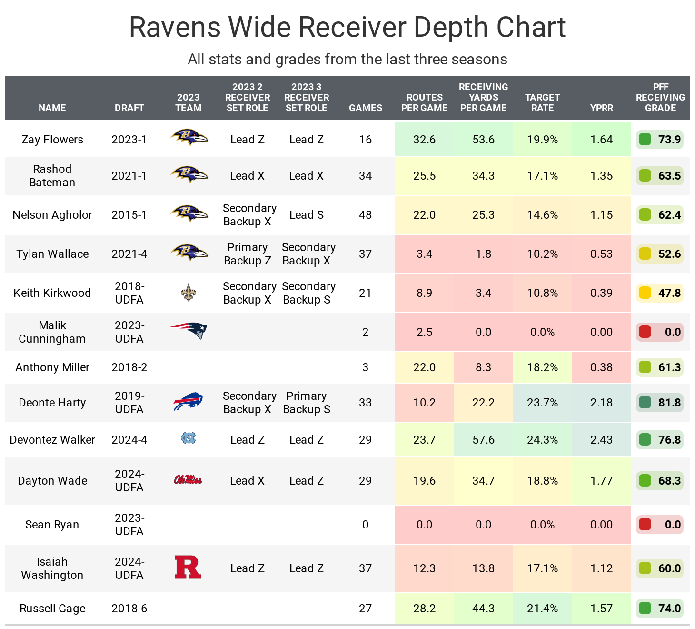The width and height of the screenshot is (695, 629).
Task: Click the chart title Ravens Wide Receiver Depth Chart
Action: click(x=347, y=27)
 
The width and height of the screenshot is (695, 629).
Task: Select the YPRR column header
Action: click(x=601, y=108)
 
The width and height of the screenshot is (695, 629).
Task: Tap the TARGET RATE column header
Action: click(x=542, y=102)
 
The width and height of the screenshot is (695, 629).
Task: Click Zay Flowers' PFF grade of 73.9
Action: click(x=669, y=140)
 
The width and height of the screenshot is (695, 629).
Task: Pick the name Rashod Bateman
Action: click(x=52, y=176)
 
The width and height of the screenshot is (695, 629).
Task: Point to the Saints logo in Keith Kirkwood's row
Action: click(x=189, y=293)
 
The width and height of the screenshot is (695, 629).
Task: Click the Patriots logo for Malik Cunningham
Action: click(x=189, y=330)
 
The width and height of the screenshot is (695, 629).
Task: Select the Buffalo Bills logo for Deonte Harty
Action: click(x=188, y=402)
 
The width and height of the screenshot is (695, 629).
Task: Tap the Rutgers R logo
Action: click(x=188, y=567)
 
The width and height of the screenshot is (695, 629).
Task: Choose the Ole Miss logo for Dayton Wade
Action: click(x=188, y=480)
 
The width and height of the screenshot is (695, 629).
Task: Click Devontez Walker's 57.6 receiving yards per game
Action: click(x=483, y=440)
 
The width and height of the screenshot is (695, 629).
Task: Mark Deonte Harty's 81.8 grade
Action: click(x=669, y=403)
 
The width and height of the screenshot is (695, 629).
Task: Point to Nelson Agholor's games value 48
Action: click(x=365, y=215)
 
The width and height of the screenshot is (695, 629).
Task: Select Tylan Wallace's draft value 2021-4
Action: click(x=129, y=254)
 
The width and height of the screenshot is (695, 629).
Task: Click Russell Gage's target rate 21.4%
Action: click(x=542, y=609)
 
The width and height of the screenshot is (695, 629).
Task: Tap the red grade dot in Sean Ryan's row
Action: click(x=645, y=524)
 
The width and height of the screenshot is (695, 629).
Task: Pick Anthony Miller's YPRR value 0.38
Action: click(x=601, y=367)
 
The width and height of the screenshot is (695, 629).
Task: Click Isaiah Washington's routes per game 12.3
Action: click(x=424, y=568)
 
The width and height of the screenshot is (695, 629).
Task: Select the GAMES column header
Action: click(x=365, y=108)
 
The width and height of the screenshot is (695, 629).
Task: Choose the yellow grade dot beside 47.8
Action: click(x=645, y=293)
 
